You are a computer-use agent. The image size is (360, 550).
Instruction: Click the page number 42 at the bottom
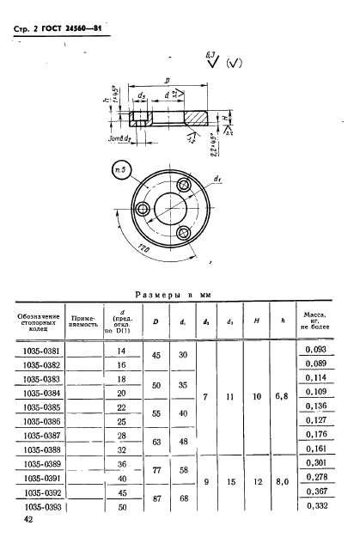[29, 520]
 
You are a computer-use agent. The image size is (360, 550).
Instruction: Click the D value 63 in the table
[156, 440]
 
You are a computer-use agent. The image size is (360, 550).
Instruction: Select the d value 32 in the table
[121, 449]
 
